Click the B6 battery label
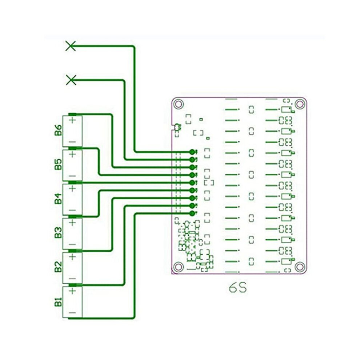coord(58,130)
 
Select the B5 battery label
coord(58,164)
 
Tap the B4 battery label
coord(58,199)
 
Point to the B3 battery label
coord(58,233)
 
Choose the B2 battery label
coord(58,267)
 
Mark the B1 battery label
coord(58,302)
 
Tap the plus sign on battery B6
coord(73,120)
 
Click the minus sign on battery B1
coord(72,313)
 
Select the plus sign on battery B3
coord(73,223)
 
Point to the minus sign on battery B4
coord(72,210)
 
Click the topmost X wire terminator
coord(71,46)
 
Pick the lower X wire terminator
coord(71,80)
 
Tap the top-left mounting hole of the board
coord(179,104)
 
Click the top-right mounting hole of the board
coord(300,104)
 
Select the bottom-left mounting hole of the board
coord(179,267)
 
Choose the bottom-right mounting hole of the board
coord(300,267)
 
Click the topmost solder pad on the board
coord(192,152)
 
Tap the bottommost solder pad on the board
coord(192,213)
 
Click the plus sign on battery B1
coord(73,291)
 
